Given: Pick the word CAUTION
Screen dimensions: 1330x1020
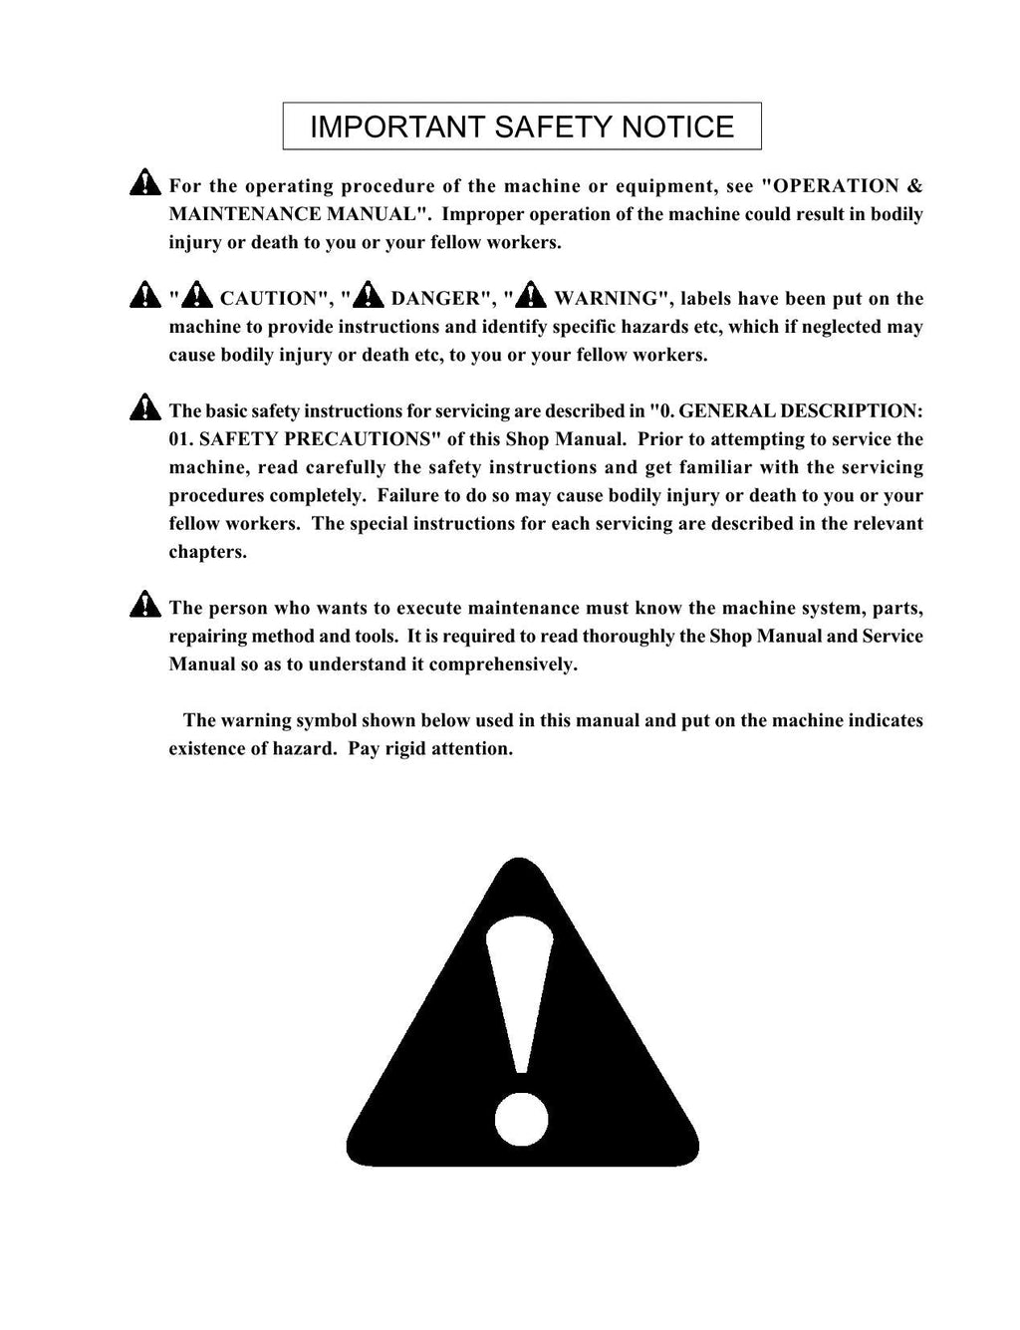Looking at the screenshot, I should pos(268,299).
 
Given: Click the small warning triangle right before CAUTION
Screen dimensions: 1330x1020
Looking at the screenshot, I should pos(197,296).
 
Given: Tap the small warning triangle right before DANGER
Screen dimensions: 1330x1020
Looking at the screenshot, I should pos(369,296).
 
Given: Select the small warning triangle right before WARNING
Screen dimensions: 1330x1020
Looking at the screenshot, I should pos(531,296).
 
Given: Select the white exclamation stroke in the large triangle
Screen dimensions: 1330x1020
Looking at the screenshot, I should pos(519,986).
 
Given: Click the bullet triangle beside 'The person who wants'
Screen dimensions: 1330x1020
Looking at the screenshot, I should pos(145,606).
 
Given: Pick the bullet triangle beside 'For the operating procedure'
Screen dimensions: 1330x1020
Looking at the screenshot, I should pos(145,183).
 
